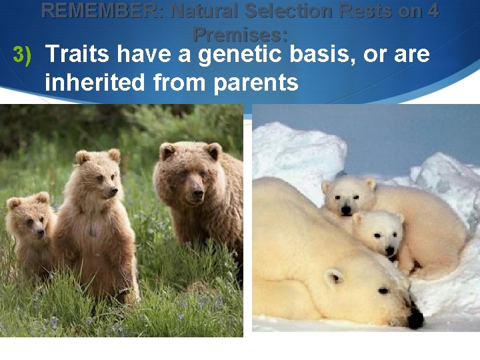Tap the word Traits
pyautogui.click(x=81, y=55)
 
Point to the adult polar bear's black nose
pyautogui.click(x=415, y=320)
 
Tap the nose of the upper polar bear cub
pyautogui.click(x=346, y=211)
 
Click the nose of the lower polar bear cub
pyautogui.click(x=392, y=251)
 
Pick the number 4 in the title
pyautogui.click(x=431, y=11)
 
